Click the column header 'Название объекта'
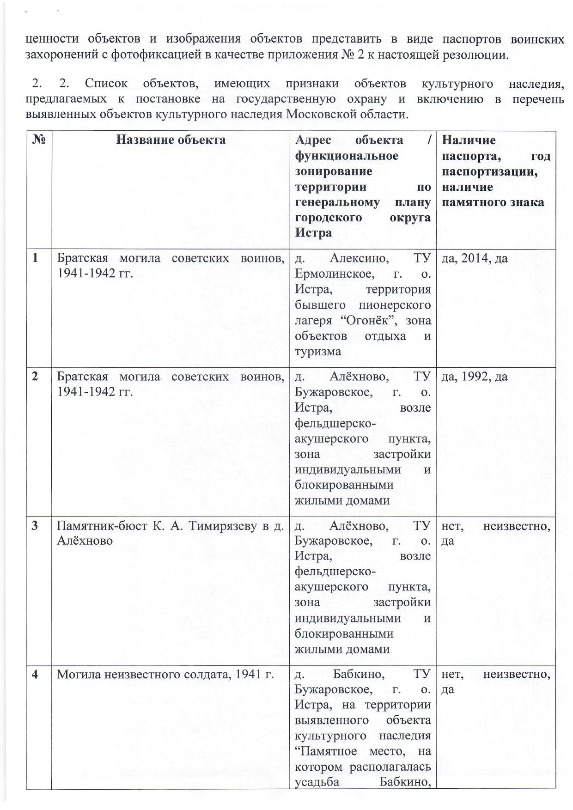pos(171,140)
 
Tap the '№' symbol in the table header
pos(39,140)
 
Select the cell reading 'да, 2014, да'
pos(475,258)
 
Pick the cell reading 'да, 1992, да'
pos(475,377)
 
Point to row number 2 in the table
pos(36,377)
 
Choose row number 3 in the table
pos(36,525)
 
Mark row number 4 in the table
pos(36,674)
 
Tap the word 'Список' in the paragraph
pos(106,84)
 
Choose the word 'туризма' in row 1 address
pos(318,352)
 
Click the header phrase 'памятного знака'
pos(493,202)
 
